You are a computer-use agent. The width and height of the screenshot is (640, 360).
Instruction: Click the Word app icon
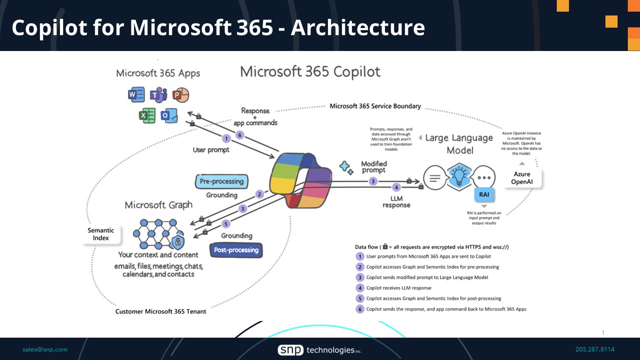point(136,94)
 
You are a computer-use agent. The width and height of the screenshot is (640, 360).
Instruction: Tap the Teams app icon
point(158,94)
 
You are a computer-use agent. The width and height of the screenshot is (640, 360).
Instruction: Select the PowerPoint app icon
point(180,94)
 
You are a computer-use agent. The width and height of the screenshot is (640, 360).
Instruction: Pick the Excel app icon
point(147,116)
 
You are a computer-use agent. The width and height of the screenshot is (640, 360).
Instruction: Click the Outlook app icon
point(169,116)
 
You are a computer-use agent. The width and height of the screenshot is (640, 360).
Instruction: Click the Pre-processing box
point(221,181)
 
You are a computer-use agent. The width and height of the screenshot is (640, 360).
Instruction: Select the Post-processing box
point(236,249)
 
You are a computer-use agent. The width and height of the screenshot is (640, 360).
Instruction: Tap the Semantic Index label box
point(101,234)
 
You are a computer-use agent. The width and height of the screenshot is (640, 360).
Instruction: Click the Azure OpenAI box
point(522,178)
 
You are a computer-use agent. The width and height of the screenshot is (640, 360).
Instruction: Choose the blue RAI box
point(484,194)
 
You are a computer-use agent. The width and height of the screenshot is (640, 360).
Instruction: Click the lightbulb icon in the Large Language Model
point(459,176)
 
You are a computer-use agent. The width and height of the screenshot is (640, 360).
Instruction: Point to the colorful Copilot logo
point(300,180)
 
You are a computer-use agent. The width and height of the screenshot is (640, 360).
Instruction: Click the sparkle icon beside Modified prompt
point(346,168)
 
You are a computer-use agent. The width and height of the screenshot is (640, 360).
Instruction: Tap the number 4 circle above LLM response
point(396,187)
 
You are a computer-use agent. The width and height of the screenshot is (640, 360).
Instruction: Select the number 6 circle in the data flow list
point(360,309)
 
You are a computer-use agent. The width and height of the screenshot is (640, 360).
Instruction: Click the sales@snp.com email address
point(45,349)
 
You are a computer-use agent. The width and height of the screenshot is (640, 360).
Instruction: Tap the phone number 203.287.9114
point(594,349)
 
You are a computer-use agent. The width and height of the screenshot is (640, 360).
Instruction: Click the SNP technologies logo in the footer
point(319,350)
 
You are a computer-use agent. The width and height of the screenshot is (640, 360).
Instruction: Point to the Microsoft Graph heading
point(158,205)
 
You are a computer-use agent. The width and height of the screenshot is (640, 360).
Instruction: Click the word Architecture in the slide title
point(358,27)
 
